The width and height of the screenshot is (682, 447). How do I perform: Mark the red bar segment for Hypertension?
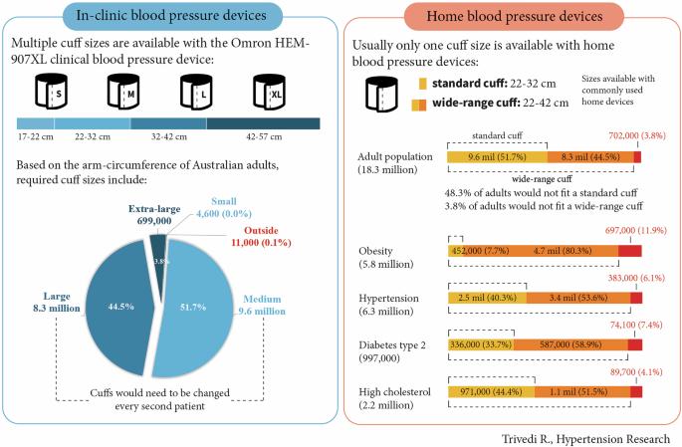tap(635, 297)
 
